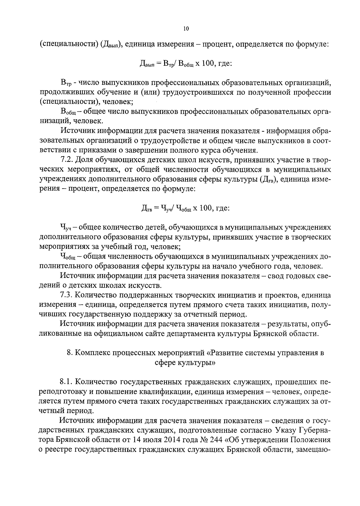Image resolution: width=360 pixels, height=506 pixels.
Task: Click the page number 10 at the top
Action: click(x=186, y=29)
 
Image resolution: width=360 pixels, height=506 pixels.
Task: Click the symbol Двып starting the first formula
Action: click(x=146, y=64)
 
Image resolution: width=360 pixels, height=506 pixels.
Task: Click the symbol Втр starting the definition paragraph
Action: click(x=65, y=82)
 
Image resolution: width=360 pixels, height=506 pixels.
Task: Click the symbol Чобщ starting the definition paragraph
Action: click(x=67, y=257)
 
